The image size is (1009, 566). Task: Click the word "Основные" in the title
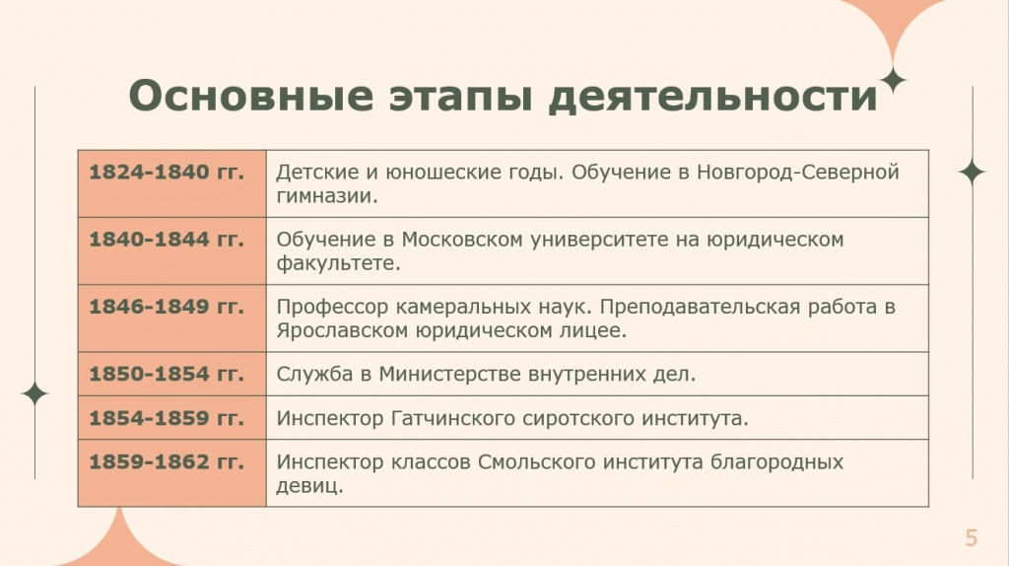251,96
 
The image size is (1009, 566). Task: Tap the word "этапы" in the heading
461,97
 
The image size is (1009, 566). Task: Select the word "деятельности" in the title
713,97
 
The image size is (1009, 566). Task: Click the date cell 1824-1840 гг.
171,183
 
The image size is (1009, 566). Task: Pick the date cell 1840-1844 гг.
171,250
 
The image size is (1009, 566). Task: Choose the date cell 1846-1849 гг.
171,318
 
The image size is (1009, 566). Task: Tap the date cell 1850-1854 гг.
171,374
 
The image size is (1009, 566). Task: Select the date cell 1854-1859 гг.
171,418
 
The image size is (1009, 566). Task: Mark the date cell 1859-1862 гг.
171,473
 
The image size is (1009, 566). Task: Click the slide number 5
971,537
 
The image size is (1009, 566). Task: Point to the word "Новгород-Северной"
798,173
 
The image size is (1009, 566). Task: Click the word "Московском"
462,240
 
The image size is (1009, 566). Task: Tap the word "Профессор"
332,308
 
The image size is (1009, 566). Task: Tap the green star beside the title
893,81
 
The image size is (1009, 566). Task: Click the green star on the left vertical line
34,394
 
